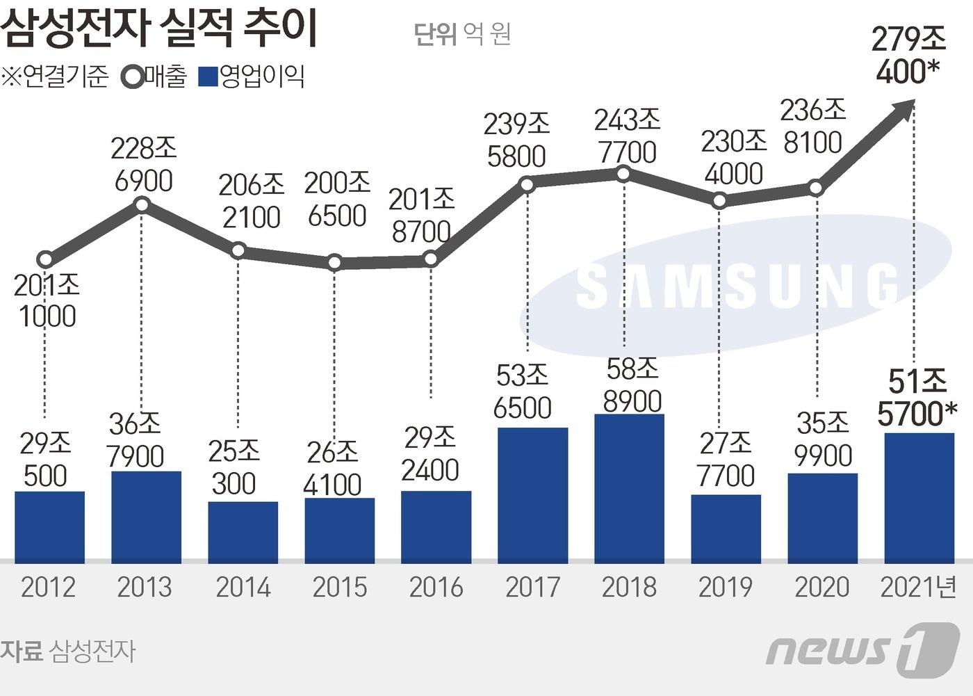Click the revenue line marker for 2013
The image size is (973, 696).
(x=142, y=204)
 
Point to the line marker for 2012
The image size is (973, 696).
(x=45, y=260)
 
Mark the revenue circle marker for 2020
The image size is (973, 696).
(x=816, y=188)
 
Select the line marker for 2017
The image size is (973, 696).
(x=527, y=184)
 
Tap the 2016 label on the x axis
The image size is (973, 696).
(x=436, y=588)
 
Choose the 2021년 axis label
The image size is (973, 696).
(x=918, y=588)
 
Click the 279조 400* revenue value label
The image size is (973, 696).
(x=908, y=55)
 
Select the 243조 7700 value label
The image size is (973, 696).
(x=626, y=136)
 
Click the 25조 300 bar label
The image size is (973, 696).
(x=234, y=467)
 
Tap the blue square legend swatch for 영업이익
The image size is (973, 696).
(x=208, y=76)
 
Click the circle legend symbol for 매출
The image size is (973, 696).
(x=132, y=76)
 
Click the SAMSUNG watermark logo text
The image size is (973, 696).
(x=737, y=286)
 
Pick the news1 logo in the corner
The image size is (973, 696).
(x=862, y=650)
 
